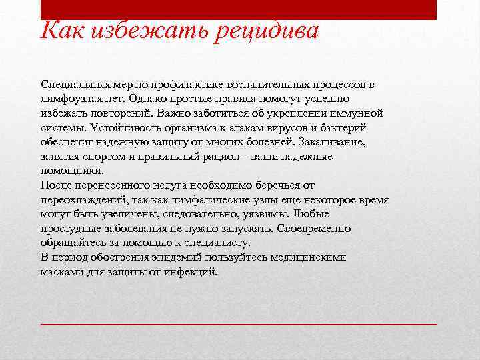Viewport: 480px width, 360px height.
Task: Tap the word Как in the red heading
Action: pos(61,29)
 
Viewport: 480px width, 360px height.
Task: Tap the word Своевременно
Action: pos(311,229)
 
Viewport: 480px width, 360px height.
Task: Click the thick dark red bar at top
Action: pos(239,9)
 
